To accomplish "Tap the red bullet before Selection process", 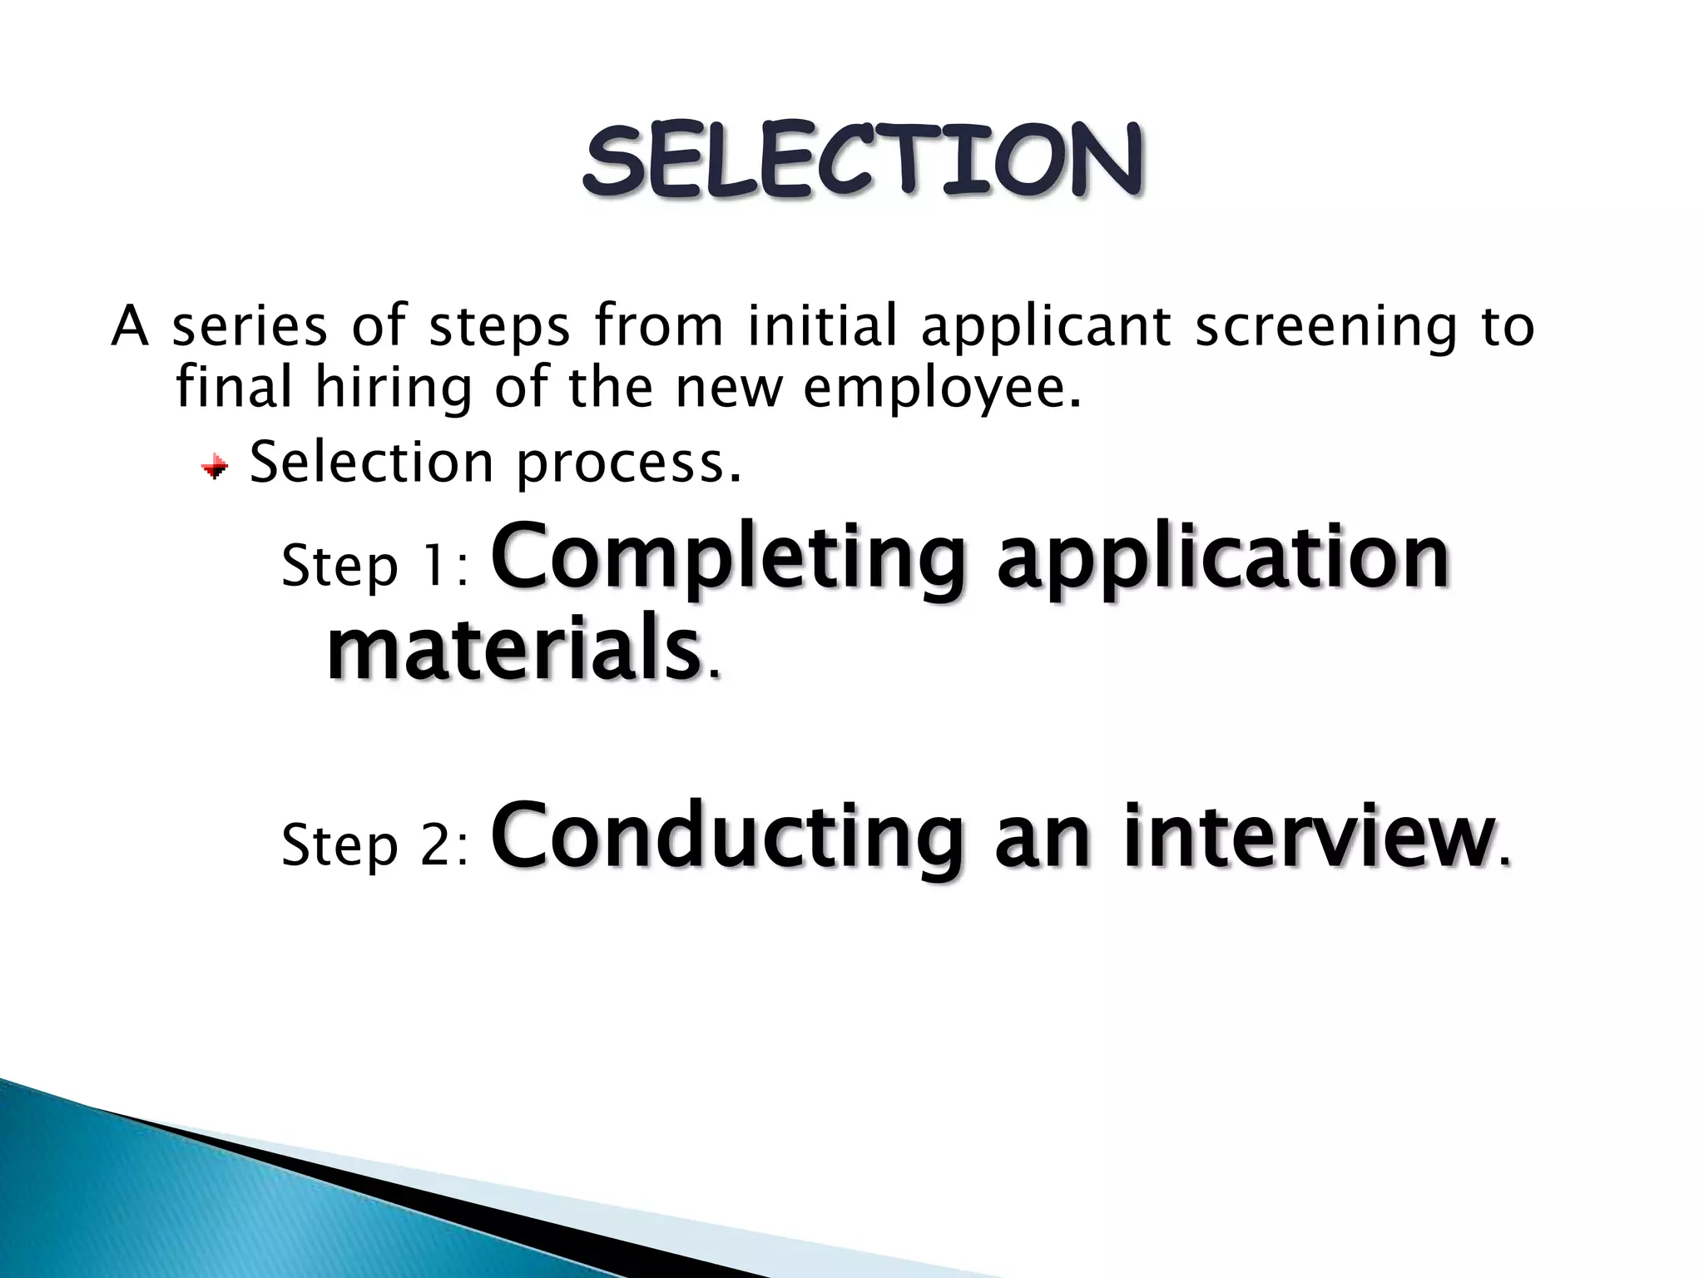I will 215,468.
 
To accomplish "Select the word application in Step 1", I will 1223,555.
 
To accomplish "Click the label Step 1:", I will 375,567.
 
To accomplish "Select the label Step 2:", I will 375,845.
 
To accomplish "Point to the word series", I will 250,326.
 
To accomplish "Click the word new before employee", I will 729,389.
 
